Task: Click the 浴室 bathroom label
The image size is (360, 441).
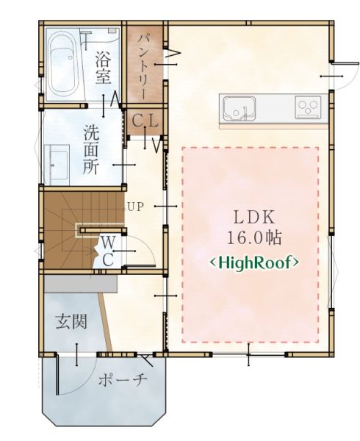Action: pos(103,68)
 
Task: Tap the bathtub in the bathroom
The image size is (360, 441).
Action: pos(63,65)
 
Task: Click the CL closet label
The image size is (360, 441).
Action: pos(145,121)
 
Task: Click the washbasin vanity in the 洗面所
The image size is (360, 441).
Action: pos(57,165)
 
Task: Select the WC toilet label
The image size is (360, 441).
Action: pos(108,251)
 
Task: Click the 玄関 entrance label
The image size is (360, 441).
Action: pos(71,321)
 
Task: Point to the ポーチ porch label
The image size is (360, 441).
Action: pos(123,381)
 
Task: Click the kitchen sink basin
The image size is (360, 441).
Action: pos(240,108)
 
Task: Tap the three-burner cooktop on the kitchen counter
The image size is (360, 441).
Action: pos(308,107)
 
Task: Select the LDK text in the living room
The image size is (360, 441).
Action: pos(254,218)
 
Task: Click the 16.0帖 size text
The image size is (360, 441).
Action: pos(253,238)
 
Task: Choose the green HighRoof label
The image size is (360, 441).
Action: pos(254,262)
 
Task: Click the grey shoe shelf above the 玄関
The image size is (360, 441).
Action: pos(80,284)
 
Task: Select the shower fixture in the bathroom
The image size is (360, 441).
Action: pos(86,37)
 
